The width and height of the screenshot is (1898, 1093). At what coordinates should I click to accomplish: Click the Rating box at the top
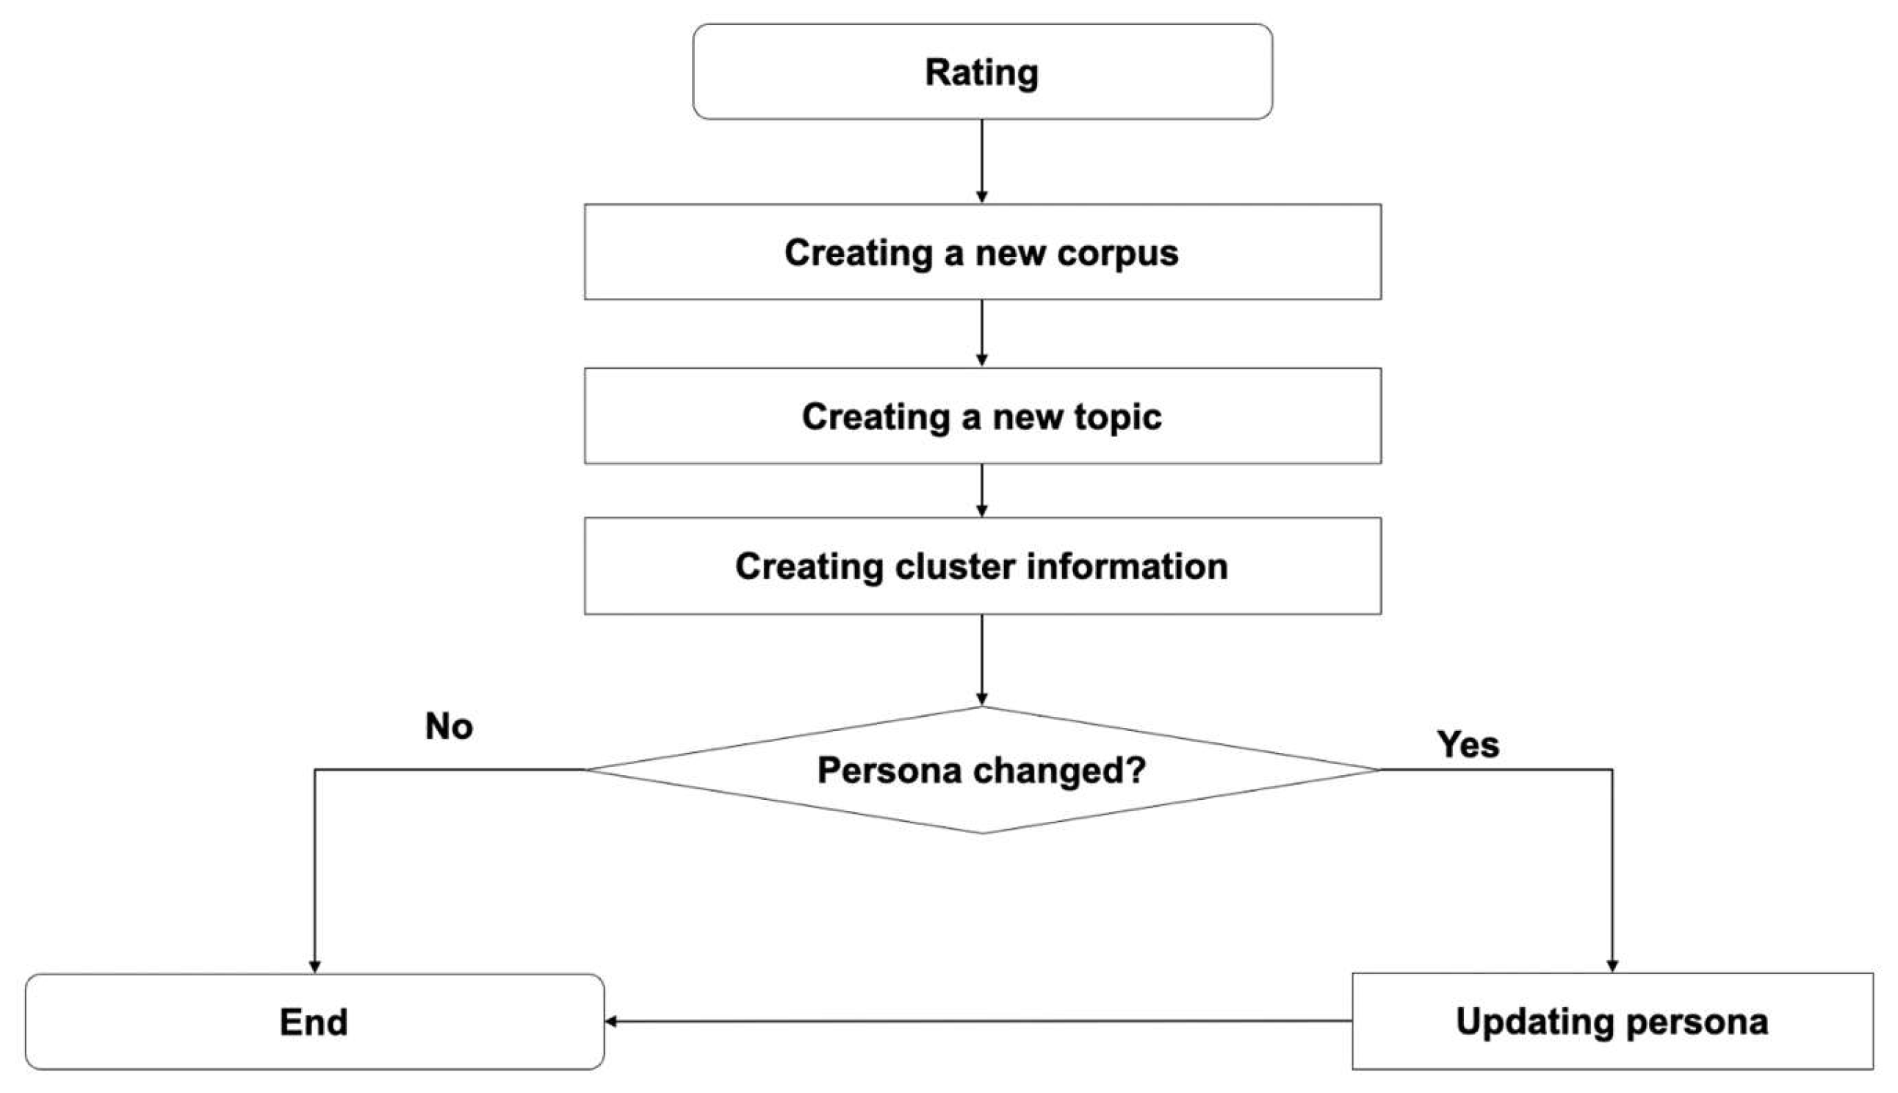click(x=981, y=72)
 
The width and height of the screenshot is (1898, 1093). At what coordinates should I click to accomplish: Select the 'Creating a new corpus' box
click(x=981, y=252)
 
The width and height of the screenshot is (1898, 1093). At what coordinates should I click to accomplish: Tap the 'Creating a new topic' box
click(x=981, y=416)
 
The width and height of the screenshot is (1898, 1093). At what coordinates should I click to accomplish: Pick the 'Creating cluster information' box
click(x=981, y=566)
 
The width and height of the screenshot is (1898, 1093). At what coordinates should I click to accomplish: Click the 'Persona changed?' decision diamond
click(x=981, y=771)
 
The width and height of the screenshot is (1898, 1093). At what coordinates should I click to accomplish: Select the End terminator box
click(x=314, y=1022)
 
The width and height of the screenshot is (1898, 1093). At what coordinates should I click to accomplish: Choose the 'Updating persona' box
click(x=1612, y=1021)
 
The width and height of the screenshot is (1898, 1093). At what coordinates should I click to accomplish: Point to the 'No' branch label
click(x=449, y=726)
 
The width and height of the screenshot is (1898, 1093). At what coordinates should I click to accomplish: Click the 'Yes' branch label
click(x=1468, y=745)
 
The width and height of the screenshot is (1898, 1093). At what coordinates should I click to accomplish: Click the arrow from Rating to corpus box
click(x=981, y=161)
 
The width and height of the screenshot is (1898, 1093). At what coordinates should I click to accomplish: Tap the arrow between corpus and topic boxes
click(x=981, y=333)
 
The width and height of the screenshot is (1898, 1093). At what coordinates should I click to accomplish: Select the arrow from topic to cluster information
click(x=981, y=489)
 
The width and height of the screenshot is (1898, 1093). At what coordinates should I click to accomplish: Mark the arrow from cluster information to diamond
click(x=981, y=659)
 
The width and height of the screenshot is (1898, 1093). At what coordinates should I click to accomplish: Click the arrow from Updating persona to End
click(x=975, y=1021)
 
